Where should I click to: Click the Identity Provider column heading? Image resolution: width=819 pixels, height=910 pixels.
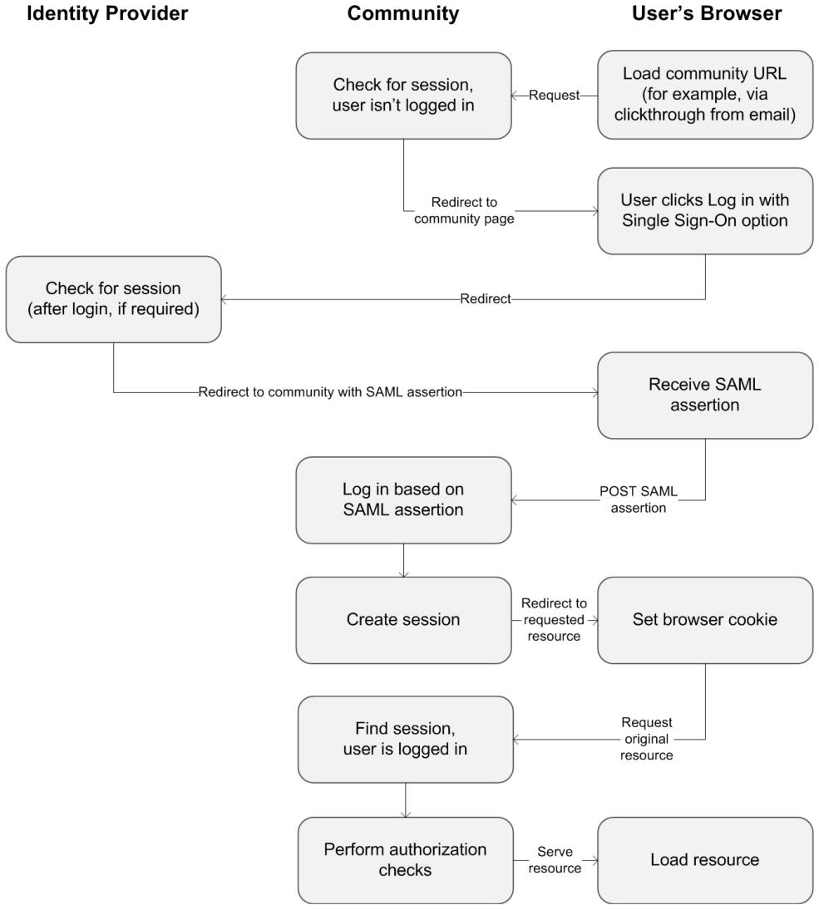[x=107, y=13]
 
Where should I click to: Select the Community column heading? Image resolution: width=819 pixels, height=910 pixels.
[x=403, y=13]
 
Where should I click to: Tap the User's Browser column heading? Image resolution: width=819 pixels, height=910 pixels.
[x=707, y=13]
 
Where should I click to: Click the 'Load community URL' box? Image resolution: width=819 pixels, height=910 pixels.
[x=705, y=95]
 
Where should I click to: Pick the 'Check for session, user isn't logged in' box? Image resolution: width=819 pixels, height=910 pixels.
[x=404, y=96]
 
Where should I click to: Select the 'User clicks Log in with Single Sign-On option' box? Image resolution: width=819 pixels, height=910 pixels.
[x=705, y=211]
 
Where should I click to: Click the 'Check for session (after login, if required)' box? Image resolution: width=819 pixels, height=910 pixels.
[x=113, y=299]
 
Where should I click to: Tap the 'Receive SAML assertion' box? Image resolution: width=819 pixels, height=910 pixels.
[x=705, y=396]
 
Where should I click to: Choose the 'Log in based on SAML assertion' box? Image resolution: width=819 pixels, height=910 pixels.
[x=404, y=500]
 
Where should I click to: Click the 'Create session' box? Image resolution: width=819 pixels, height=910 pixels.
[x=404, y=621]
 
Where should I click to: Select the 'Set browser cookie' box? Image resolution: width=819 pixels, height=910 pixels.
[x=705, y=621]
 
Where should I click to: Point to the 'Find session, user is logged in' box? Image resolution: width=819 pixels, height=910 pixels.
[x=406, y=740]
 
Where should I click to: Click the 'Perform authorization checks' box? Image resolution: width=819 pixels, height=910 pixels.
[x=406, y=861]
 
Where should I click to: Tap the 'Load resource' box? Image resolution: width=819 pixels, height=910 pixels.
[x=705, y=861]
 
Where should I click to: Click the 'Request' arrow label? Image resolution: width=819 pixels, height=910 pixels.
[x=554, y=96]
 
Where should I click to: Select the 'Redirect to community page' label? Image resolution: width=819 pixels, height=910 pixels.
[x=464, y=210]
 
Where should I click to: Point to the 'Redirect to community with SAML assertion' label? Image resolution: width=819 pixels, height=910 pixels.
[x=330, y=392]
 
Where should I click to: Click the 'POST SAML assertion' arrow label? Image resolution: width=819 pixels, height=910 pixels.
[x=639, y=499]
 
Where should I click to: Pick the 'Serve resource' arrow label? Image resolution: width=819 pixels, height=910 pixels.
[x=555, y=860]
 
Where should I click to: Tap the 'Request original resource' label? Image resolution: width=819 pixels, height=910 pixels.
[x=647, y=739]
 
